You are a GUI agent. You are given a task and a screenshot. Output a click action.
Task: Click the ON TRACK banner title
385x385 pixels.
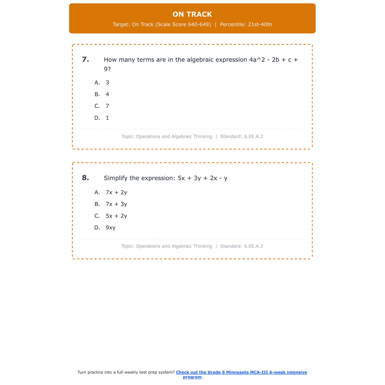[192, 14]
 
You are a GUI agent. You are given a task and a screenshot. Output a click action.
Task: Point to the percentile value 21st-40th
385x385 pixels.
[260, 25]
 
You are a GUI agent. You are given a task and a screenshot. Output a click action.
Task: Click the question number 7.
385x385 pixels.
[85, 60]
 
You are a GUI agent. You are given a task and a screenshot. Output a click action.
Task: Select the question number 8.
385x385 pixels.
[85, 178]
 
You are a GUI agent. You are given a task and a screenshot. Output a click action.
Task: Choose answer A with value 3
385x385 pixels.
[107, 83]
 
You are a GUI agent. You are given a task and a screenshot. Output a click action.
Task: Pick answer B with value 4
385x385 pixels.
[107, 94]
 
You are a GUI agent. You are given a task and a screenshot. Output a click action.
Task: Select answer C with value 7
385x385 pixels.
[107, 106]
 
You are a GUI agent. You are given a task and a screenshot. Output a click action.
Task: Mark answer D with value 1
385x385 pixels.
[107, 118]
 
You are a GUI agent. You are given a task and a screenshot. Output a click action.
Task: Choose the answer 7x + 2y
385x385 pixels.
[116, 192]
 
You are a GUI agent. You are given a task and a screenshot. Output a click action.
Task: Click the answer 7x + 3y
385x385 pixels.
[116, 204]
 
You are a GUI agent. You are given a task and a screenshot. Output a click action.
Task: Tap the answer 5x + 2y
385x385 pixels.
[116, 216]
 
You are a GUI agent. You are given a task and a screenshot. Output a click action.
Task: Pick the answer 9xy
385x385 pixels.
[111, 228]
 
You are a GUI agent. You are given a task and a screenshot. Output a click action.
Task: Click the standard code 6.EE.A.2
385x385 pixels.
[254, 137]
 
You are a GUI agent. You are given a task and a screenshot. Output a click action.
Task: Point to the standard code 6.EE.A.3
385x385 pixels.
[254, 246]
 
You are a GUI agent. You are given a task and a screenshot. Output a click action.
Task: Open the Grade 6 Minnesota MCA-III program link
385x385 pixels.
[241, 372]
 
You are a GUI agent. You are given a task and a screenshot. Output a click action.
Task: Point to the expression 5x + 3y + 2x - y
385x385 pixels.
[203, 178]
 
